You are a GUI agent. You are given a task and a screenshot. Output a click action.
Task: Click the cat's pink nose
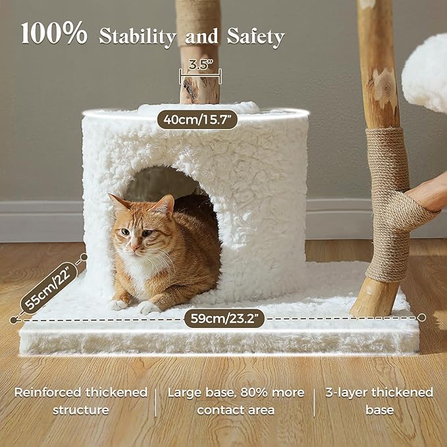[x=134, y=246]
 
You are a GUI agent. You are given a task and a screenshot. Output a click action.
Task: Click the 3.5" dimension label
[x=201, y=65]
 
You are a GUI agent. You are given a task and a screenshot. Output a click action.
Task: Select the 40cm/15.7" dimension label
[x=197, y=120]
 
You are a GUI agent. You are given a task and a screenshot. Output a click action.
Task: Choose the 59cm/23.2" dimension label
[x=224, y=318]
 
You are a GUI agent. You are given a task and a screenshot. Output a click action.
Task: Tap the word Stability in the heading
[x=138, y=37]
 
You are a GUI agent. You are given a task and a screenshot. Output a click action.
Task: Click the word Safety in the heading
[x=255, y=37]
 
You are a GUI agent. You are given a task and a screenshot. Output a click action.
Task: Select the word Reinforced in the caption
[x=47, y=392]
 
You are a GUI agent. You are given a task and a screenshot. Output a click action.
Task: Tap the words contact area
[x=236, y=410]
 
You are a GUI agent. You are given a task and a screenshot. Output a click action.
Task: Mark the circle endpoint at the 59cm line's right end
[x=421, y=317]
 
